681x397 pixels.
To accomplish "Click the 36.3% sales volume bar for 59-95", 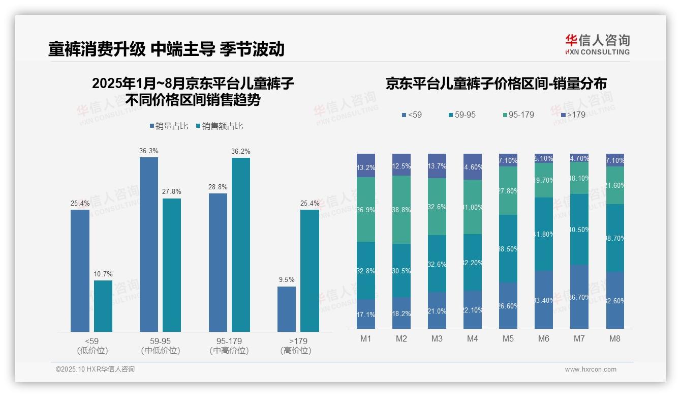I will click(x=148, y=244).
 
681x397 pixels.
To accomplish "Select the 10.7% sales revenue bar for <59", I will click(x=103, y=306).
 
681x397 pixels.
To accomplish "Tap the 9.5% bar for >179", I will click(x=287, y=309).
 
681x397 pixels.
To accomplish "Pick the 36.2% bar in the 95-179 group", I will click(x=241, y=244).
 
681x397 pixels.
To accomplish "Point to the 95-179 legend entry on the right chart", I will click(x=518, y=115).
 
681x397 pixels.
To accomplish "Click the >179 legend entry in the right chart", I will click(x=573, y=115).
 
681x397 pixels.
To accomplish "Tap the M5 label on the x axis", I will click(x=508, y=338).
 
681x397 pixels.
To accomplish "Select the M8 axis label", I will click(x=615, y=338).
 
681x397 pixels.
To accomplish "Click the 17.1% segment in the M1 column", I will click(x=366, y=314).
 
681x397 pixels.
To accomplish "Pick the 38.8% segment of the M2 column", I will click(x=401, y=210).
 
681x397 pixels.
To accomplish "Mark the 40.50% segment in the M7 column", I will click(x=579, y=229).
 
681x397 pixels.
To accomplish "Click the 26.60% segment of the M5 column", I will click(x=508, y=305).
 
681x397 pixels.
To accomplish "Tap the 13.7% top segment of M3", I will click(x=437, y=166).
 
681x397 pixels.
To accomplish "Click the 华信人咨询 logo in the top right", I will click(x=597, y=44).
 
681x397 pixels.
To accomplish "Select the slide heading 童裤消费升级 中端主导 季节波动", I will click(x=166, y=49).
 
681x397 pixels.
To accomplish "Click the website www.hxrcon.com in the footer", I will click(x=590, y=370).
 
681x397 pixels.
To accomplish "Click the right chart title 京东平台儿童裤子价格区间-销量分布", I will click(x=496, y=84).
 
